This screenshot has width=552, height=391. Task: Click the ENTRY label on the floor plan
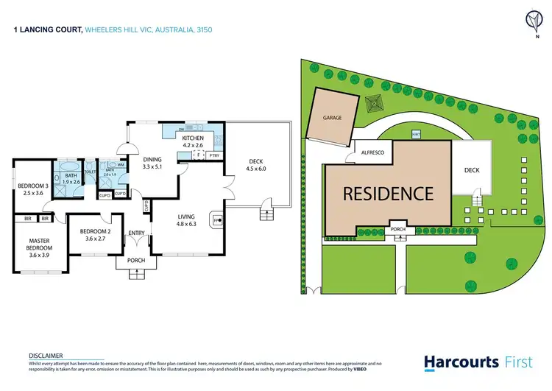coord(137,233)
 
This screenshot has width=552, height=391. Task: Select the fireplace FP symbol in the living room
coord(216,219)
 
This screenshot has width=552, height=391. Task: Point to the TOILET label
coord(90,172)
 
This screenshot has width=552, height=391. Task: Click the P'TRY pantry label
coord(214,155)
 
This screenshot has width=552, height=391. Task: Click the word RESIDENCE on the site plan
coord(387,194)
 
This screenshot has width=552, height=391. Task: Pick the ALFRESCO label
coord(372,152)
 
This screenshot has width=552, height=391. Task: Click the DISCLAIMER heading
coord(45,354)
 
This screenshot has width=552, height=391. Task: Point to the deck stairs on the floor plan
coord(266,214)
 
